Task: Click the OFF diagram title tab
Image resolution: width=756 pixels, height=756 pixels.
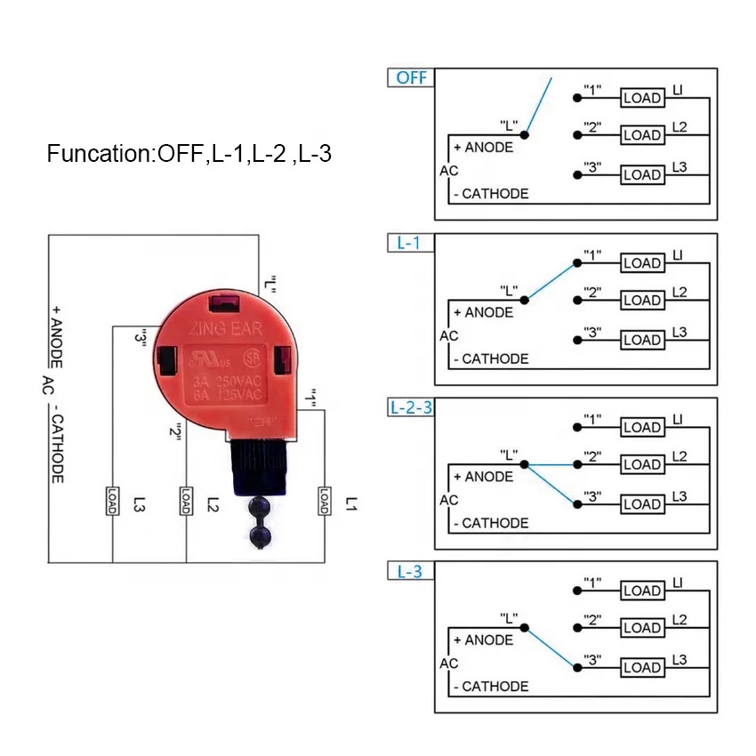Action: [x=410, y=77]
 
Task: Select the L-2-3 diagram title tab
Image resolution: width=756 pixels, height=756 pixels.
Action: [x=411, y=407]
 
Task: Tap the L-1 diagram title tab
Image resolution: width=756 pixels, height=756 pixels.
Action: [x=408, y=243]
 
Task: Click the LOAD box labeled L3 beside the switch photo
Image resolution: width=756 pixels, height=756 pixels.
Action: [x=113, y=500]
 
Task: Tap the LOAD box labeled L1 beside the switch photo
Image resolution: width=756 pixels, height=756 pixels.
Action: [x=324, y=501]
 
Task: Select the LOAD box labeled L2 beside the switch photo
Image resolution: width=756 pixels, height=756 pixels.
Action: [x=186, y=500]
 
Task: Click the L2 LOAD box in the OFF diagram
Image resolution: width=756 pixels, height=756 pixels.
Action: [x=642, y=136]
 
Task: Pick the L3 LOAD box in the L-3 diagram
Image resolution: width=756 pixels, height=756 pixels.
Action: [x=642, y=667]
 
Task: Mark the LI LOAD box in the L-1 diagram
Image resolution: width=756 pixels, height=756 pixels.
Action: [x=642, y=263]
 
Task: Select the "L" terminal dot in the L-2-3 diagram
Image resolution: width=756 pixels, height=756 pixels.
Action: [x=527, y=464]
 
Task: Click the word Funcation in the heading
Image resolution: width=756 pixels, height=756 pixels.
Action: [x=97, y=154]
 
